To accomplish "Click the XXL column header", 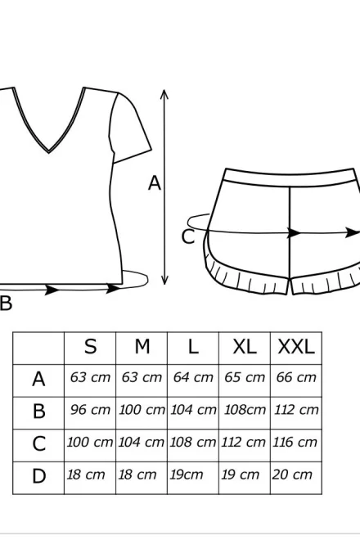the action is pyautogui.click(x=296, y=346).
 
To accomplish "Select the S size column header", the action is pyautogui.click(x=90, y=346).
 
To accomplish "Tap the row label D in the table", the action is pyautogui.click(x=38, y=476).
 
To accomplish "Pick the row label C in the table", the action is pyautogui.click(x=38, y=444).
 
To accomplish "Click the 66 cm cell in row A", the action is pyautogui.click(x=296, y=377).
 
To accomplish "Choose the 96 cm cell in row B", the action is pyautogui.click(x=90, y=410).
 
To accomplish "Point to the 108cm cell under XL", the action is pyautogui.click(x=245, y=410).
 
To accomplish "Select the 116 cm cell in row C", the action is pyautogui.click(x=295, y=442).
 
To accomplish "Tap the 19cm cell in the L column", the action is pyautogui.click(x=186, y=475).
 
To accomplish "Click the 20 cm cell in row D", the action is pyautogui.click(x=292, y=475).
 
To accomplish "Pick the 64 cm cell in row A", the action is pyautogui.click(x=193, y=377).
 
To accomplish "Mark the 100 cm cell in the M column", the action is pyautogui.click(x=142, y=410).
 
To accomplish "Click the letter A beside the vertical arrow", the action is pyautogui.click(x=155, y=183).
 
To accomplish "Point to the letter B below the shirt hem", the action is pyautogui.click(x=6, y=304).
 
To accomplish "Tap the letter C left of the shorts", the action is pyautogui.click(x=188, y=237).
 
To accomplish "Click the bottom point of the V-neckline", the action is pyautogui.click(x=49, y=151).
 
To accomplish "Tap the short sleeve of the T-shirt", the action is pyautogui.click(x=129, y=128).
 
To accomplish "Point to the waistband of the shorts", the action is pyautogui.click(x=290, y=178).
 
